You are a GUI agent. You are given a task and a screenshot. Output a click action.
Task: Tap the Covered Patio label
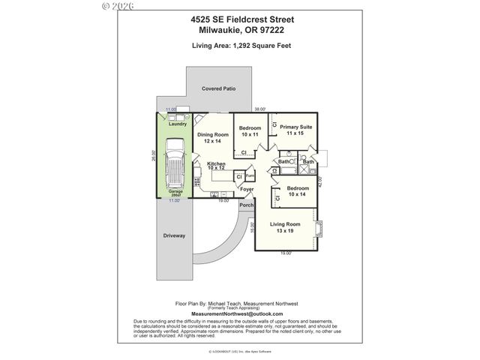(x=219, y=88)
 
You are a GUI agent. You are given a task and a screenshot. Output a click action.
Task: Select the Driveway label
(x=174, y=235)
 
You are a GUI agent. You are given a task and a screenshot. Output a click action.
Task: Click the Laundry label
(x=178, y=124)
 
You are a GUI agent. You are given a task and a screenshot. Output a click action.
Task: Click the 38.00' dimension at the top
(x=261, y=109)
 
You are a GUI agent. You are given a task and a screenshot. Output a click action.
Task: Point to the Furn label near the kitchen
(x=250, y=176)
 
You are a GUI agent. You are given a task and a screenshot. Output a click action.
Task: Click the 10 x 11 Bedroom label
(x=250, y=131)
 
